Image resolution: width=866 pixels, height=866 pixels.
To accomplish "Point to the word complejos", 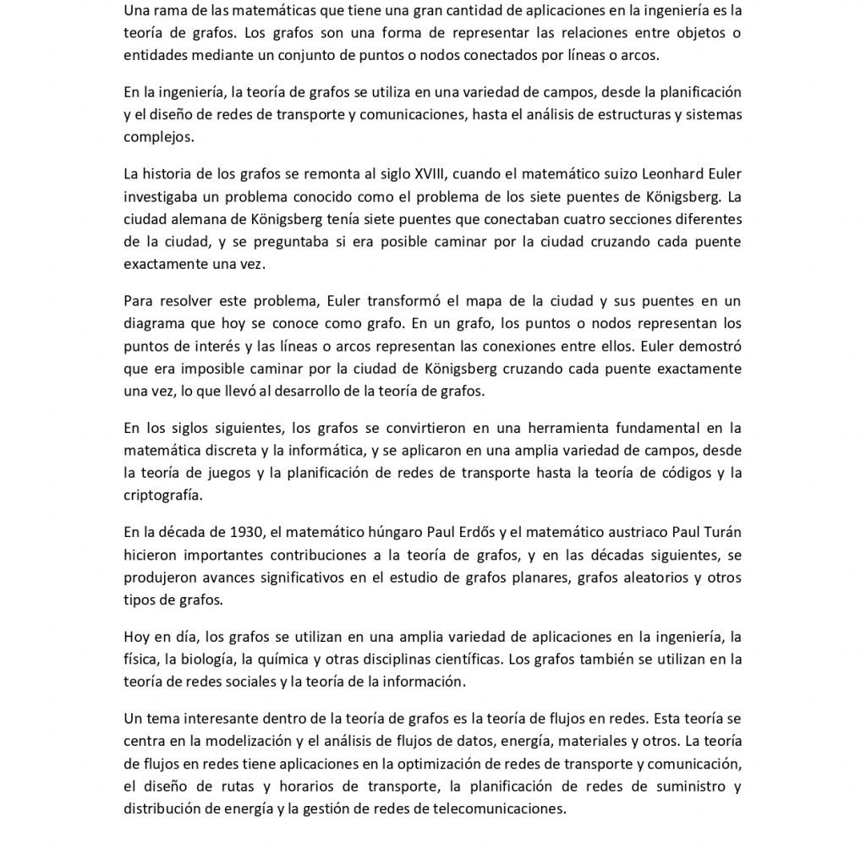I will tap(158, 134).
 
